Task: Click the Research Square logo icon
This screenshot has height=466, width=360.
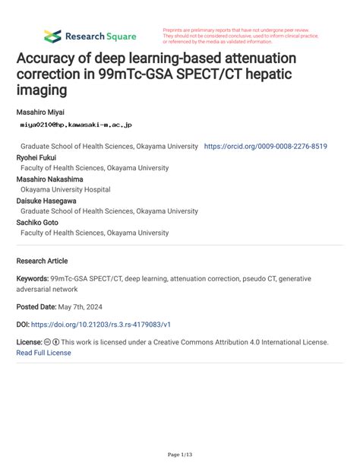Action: pos(52,36)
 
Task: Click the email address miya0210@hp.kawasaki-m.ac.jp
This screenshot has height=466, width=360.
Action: pos(74,124)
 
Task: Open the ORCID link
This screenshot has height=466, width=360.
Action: pos(266,145)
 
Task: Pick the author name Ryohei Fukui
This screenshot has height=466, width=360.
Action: pos(36,157)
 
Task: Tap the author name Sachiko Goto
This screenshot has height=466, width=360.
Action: pos(39,222)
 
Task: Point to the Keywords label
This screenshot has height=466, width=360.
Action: pos(32,279)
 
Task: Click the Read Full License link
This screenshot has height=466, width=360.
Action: pos(43,353)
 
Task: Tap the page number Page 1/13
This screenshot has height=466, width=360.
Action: pos(180,455)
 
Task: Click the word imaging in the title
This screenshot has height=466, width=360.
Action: pos(39,90)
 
